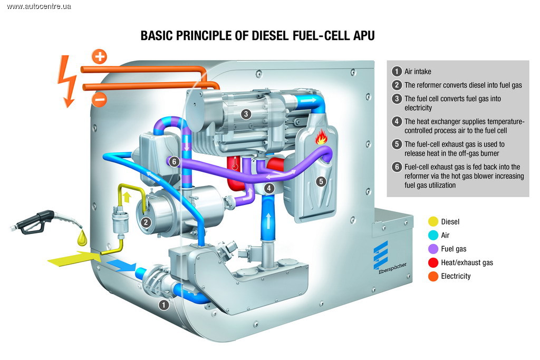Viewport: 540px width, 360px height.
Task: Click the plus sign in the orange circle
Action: pos(99,56)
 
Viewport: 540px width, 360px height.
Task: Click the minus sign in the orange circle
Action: pos(99,99)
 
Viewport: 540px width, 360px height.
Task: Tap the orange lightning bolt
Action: pos(67,80)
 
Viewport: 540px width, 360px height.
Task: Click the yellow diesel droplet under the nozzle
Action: pos(82,238)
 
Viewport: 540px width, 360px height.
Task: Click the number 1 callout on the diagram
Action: pos(164,304)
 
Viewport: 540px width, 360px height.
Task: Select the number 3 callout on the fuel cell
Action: pos(246,114)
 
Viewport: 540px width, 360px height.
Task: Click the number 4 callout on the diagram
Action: pos(269,188)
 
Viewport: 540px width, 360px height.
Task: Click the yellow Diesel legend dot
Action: pos(433,222)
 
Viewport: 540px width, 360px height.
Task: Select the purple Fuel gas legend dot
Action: pos(433,249)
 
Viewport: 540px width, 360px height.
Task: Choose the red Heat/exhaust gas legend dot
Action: pos(433,262)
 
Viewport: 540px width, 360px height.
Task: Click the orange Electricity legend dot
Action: pos(433,276)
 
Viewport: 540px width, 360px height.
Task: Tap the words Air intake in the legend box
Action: pos(418,71)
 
